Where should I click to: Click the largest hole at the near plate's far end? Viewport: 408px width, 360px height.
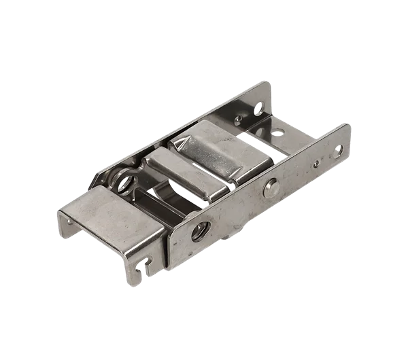337,150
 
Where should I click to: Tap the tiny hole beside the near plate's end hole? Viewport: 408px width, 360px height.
315,163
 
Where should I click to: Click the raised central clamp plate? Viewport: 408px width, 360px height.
204,153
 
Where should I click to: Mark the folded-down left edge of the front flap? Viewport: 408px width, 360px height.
65,218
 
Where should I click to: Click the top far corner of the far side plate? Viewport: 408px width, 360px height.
268,84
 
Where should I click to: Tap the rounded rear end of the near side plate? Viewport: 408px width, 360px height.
347,136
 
